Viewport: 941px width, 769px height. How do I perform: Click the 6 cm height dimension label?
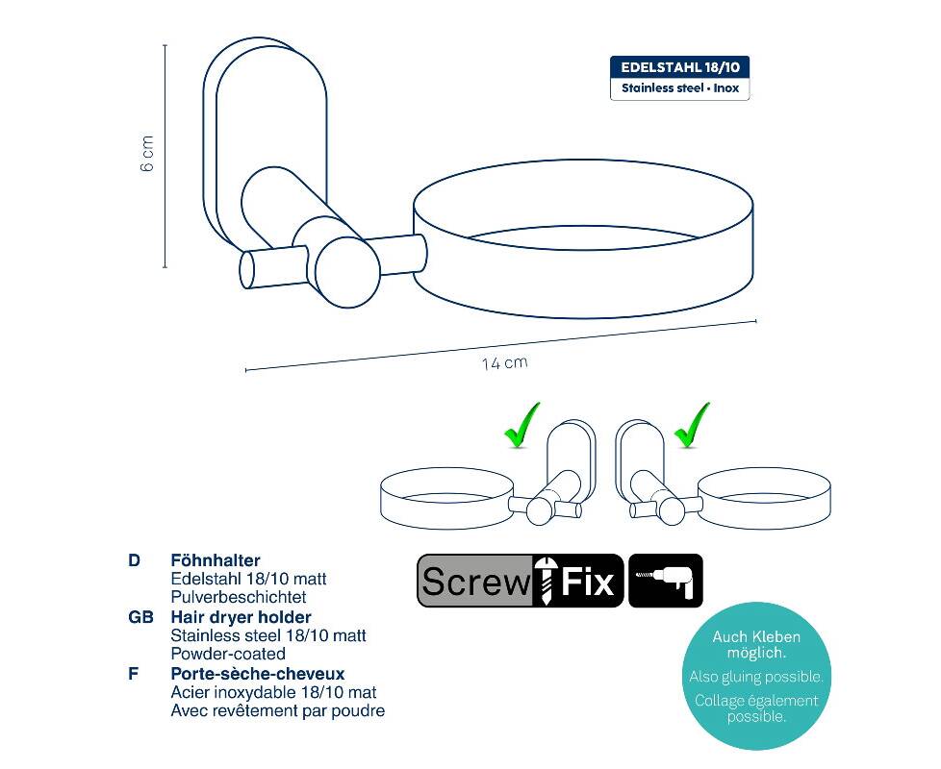(147, 154)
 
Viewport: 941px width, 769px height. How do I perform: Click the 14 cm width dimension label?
(505, 363)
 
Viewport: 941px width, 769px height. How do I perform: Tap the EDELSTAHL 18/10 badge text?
(680, 67)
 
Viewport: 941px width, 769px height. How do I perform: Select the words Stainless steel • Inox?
(680, 88)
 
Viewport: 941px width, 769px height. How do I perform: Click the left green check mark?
(521, 426)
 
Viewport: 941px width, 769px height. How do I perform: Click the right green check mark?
(692, 426)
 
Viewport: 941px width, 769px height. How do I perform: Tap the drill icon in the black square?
(666, 581)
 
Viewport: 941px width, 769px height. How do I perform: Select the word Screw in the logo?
(474, 581)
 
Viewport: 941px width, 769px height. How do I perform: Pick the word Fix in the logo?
(588, 581)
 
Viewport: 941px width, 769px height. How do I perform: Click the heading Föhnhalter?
(216, 561)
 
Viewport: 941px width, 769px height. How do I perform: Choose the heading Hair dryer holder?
(242, 617)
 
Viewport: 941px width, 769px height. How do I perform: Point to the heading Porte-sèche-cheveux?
(258, 674)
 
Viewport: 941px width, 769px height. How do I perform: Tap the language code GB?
(141, 617)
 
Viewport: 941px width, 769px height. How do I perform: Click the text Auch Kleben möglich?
(756, 644)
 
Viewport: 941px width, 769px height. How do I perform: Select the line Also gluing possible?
(756, 677)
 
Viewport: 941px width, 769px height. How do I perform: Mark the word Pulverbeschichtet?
(239, 597)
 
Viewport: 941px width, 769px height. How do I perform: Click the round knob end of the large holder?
(347, 273)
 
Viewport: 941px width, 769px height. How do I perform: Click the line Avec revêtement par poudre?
(278, 711)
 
